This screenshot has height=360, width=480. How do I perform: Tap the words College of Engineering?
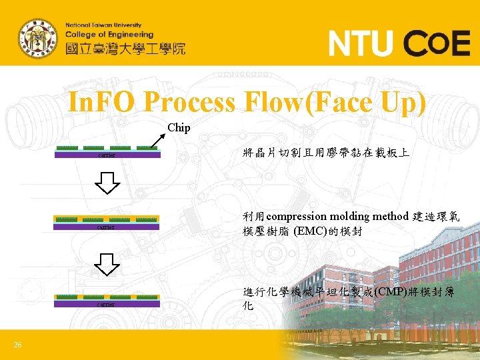pyautogui.click(x=109, y=35)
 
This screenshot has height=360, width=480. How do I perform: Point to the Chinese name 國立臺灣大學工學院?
pyautogui.click(x=125, y=49)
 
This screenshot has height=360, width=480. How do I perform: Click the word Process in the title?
pyautogui.click(x=189, y=103)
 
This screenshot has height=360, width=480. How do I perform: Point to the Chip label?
pyautogui.click(x=179, y=127)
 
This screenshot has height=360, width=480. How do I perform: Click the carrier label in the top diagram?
pyautogui.click(x=107, y=156)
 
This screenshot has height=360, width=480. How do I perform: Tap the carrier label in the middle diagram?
pyautogui.click(x=107, y=227)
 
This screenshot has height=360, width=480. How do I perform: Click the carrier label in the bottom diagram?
pyautogui.click(x=107, y=305)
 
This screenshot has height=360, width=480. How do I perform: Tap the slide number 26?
pyautogui.click(x=18, y=344)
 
